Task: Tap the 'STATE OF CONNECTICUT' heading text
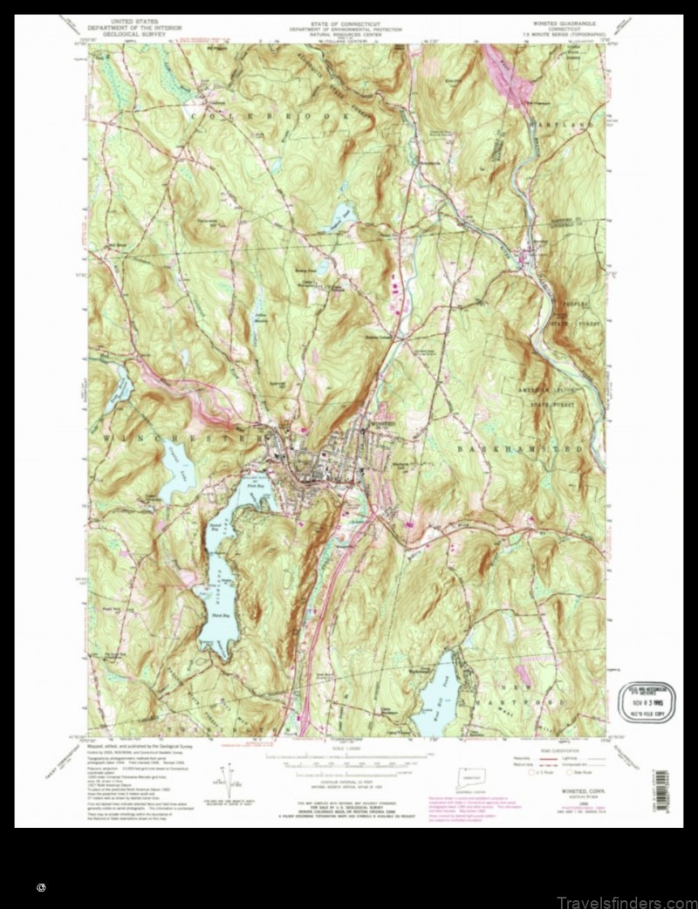348,22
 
